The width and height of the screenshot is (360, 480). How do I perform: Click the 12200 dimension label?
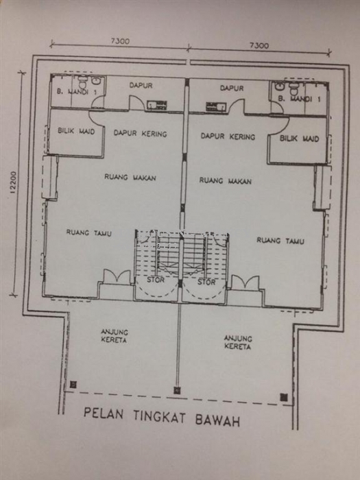point(13,182)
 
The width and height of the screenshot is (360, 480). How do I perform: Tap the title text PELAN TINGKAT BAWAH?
point(162,417)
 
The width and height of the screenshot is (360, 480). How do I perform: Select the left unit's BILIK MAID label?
point(76,131)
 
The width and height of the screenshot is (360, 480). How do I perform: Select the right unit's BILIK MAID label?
point(300,139)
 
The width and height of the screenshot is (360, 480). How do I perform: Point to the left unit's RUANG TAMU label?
point(88,233)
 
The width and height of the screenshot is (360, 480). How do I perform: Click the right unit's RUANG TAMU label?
point(280,241)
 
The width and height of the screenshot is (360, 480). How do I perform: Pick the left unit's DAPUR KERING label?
point(140,134)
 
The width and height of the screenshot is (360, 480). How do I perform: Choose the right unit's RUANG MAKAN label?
point(226,180)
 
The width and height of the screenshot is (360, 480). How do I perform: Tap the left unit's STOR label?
point(156,280)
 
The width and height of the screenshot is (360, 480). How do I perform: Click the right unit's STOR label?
point(206,282)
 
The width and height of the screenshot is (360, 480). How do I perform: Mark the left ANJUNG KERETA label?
point(115,336)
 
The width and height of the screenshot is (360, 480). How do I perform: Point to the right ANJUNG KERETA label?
point(238,342)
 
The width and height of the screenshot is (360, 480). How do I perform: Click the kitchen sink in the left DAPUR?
point(157,105)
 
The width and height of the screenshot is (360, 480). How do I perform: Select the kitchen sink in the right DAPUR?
point(216,106)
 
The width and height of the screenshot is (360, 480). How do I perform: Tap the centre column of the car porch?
point(177,390)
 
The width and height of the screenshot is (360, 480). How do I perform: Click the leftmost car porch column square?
point(73,385)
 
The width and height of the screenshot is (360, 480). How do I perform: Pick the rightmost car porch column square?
point(284,397)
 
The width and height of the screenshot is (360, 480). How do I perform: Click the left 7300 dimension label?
point(120,41)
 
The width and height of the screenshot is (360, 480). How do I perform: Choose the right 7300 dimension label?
point(259,45)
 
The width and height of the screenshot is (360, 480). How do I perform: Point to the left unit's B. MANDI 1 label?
point(77,91)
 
